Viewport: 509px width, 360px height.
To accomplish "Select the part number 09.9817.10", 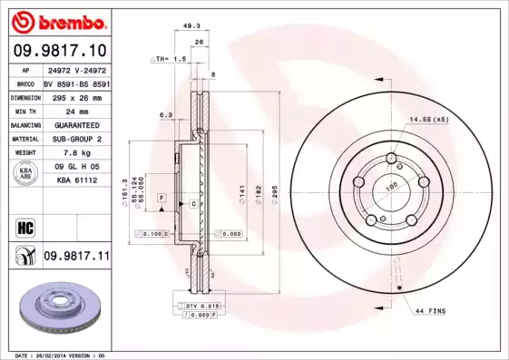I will (60, 50).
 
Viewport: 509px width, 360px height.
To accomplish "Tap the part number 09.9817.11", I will (76, 258).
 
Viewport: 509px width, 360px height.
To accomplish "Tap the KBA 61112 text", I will (77, 180).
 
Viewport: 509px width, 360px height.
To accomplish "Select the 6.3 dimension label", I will (166, 115).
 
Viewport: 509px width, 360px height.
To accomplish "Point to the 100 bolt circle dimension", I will (392, 187).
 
